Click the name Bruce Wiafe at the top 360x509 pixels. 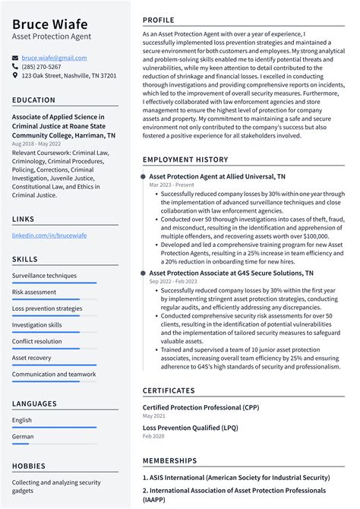pos(49,24)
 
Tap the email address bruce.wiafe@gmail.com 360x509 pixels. pos(54,58)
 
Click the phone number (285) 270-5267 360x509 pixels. pos(41,67)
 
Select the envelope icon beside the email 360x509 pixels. pos(15,58)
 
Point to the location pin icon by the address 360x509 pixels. pos(15,76)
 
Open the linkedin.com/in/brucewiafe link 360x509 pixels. pos(49,236)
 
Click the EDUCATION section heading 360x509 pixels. pos(33,100)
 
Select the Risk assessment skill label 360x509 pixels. pos(34,292)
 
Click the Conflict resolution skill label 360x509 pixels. pos(37,341)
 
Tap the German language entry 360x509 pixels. pos(23,437)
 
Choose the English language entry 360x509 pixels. pos(22,419)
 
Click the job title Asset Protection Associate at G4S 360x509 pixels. pos(231,272)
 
